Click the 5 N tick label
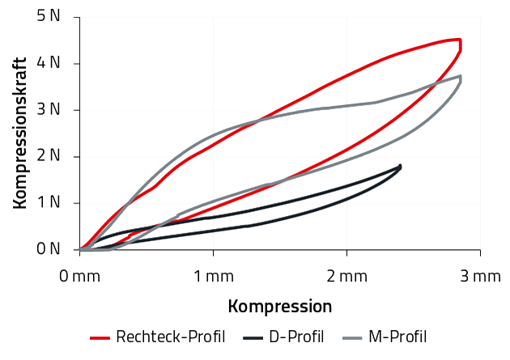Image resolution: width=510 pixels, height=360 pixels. point(49,16)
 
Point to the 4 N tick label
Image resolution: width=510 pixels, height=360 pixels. point(49,63)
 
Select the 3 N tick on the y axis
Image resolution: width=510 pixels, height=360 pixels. point(49,110)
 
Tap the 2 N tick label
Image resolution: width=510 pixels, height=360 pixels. point(49,156)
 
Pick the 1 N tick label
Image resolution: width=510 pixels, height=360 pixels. point(49,203)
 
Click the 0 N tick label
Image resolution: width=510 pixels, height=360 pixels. point(49,250)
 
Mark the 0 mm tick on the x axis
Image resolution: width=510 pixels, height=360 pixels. point(80,277)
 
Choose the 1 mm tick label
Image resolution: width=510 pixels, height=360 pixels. point(214,277)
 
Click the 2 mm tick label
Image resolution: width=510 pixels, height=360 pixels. point(346,277)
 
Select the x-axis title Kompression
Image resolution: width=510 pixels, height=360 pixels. point(280,307)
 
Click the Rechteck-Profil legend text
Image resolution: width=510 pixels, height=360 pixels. point(170,337)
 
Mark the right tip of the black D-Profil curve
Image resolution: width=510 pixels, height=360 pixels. point(400,167)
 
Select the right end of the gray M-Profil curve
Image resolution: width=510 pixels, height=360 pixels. point(461,77)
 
